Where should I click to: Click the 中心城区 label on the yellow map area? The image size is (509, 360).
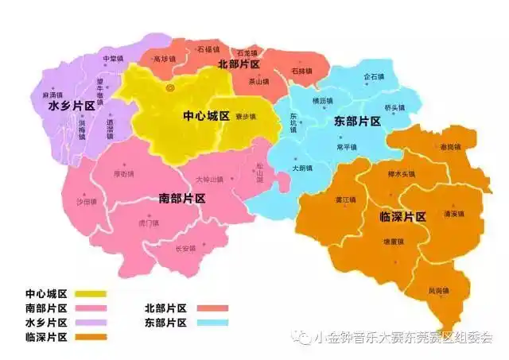(206, 116)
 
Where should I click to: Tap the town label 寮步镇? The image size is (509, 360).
(245, 116)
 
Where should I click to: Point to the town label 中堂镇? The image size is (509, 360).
(113, 59)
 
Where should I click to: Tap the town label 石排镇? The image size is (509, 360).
(301, 72)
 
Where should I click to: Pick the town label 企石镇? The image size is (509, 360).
(373, 77)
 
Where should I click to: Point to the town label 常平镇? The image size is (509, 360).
(347, 147)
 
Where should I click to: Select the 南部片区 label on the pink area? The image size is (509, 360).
(182, 198)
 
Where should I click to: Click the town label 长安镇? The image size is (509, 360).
(185, 248)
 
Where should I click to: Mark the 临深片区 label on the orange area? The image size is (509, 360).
(403, 216)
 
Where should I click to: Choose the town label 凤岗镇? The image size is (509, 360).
(438, 290)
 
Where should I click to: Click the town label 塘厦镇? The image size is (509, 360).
(393, 241)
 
